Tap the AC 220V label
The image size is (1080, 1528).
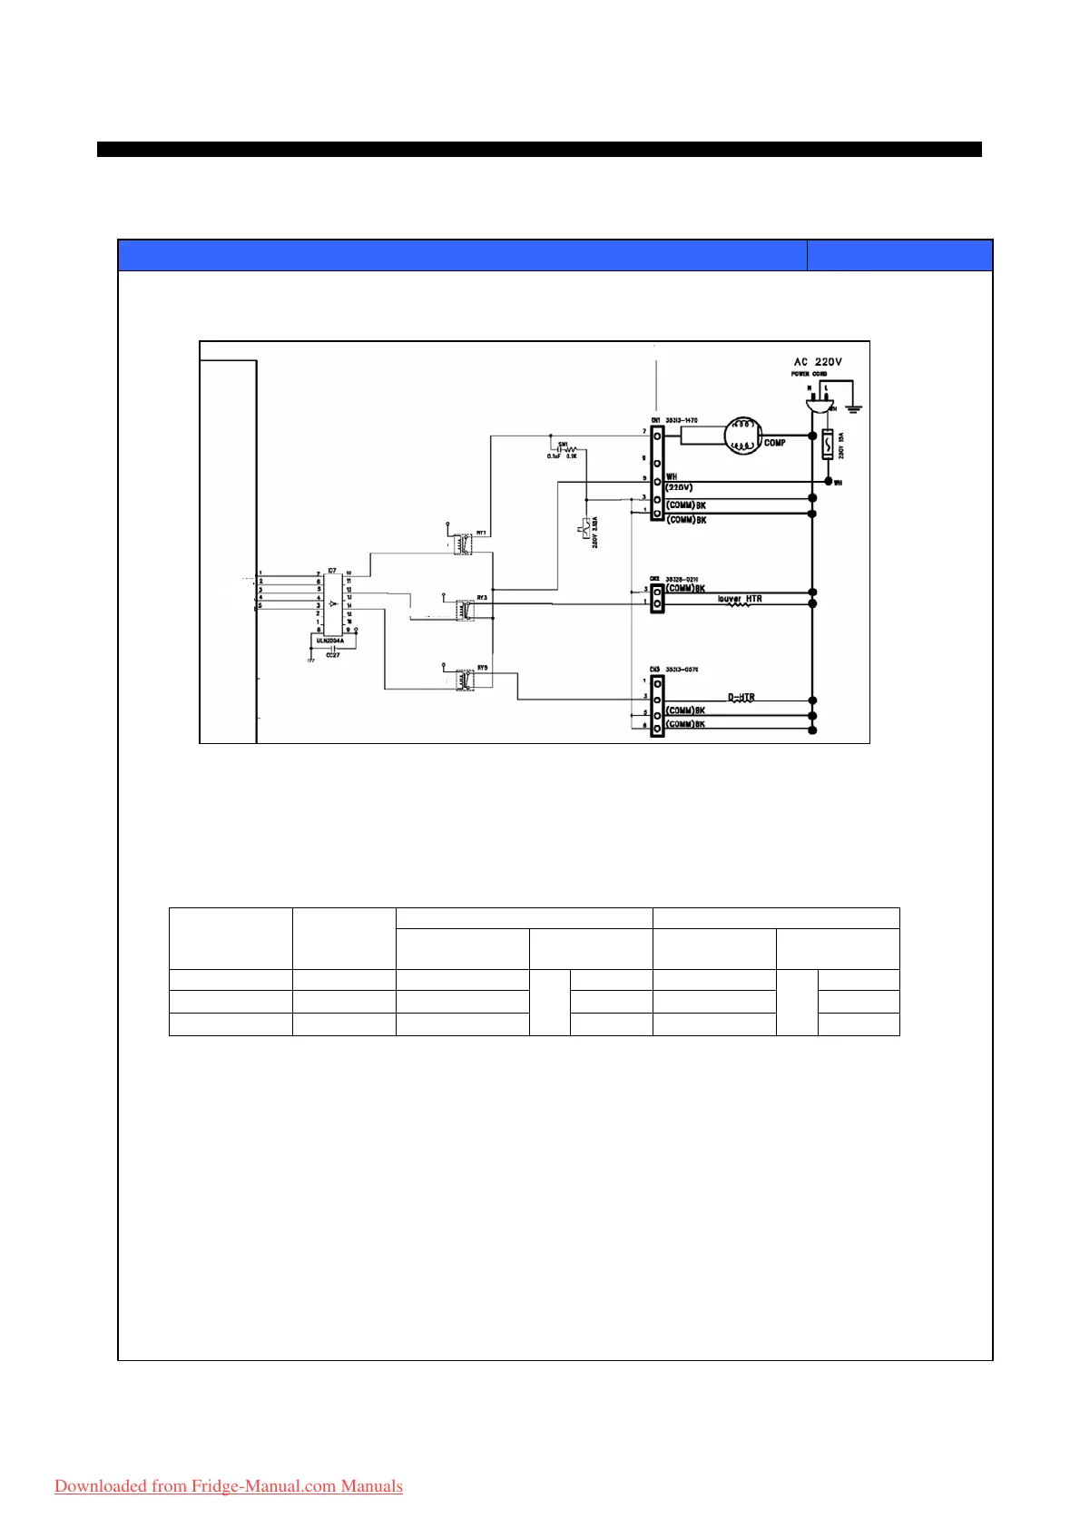tap(817, 361)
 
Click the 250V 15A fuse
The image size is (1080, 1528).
tap(828, 446)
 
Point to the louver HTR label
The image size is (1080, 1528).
tap(740, 599)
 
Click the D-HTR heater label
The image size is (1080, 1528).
tap(741, 698)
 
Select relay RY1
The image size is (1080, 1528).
tap(464, 544)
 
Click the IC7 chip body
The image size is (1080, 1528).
tap(333, 603)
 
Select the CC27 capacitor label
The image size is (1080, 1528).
tap(332, 654)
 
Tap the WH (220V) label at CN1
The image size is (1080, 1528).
tap(679, 482)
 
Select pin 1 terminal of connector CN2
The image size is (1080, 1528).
tap(656, 602)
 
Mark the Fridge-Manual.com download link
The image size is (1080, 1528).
tap(229, 1486)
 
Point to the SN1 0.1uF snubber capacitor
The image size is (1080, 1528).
tap(555, 448)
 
